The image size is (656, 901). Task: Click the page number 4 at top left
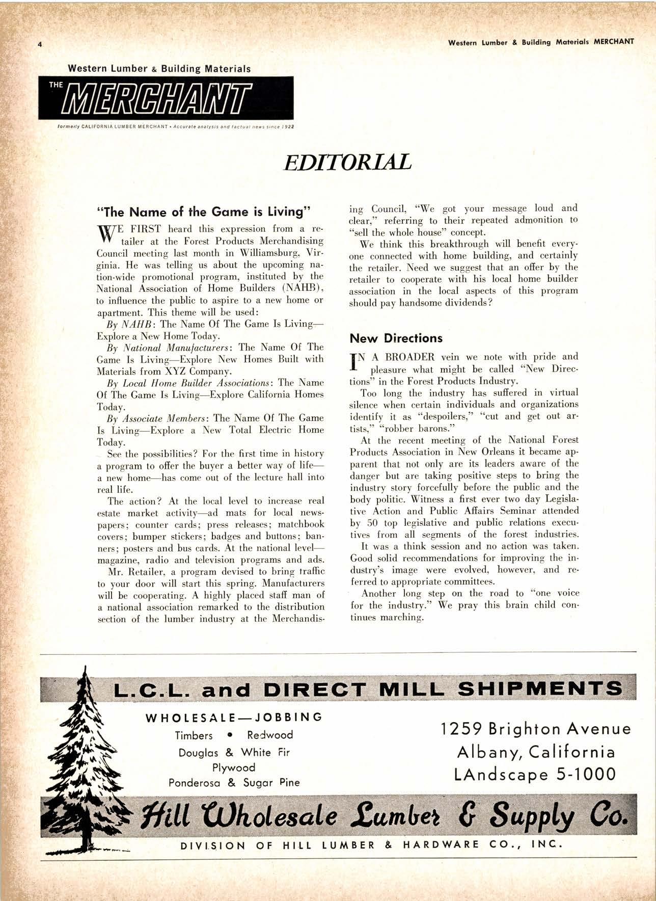pos(40,44)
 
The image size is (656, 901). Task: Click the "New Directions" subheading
pos(396,338)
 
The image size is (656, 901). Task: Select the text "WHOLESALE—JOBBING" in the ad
pos(234,718)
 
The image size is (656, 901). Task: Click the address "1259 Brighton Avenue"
pos(535,729)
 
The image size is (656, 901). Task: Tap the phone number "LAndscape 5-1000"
pos(534,775)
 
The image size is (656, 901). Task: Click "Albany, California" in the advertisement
pos(535,752)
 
